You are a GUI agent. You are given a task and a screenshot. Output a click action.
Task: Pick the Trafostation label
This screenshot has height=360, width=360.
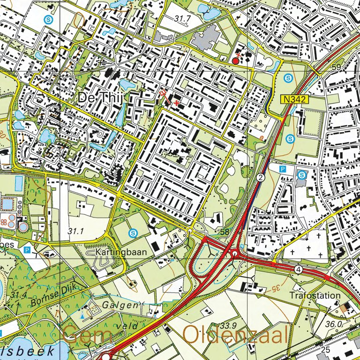tap(315, 296)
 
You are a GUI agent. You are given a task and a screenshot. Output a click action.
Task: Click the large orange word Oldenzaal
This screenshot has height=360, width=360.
tap(235, 335)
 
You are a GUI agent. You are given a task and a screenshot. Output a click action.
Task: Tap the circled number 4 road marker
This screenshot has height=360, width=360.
tap(298, 270)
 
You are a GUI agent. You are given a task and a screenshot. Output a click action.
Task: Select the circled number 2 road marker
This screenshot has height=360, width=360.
tap(261, 177)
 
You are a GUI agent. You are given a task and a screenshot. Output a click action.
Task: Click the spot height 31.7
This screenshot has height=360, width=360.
tap(183, 19)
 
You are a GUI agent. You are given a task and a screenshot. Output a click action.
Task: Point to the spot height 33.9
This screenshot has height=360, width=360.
tap(228, 325)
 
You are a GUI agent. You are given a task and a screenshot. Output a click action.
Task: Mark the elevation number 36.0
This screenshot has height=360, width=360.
tap(333, 324)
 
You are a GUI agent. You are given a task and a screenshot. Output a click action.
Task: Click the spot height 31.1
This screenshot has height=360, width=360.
tap(75, 231)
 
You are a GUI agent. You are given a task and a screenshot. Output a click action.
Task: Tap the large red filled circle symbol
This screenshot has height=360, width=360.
tap(236, 61)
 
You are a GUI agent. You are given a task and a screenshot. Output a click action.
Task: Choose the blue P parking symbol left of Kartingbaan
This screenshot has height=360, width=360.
tap(27, 250)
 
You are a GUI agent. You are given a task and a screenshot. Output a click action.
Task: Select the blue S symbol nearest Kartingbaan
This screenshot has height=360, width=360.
tap(134, 232)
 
